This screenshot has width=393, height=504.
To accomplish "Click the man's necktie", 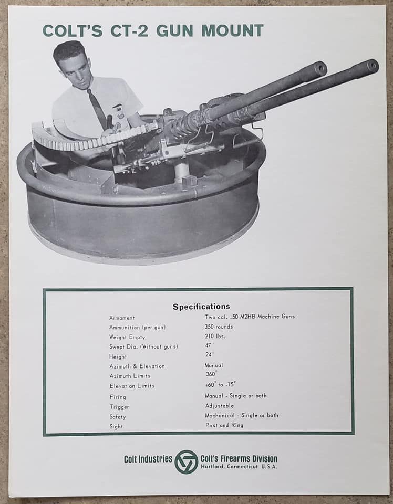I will (98, 108).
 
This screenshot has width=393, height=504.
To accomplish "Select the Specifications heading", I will (201, 307).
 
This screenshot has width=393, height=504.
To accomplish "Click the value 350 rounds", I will (219, 327).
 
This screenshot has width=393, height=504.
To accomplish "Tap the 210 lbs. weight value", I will (215, 336).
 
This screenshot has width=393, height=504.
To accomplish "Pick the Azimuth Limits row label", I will (130, 376).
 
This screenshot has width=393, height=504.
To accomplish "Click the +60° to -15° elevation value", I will (221, 384).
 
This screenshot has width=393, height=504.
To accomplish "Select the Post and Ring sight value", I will (224, 425).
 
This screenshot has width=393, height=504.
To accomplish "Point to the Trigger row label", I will (119, 407).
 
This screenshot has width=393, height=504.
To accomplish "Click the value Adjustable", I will (220, 406).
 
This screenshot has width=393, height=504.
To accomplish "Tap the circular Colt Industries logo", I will (186, 461).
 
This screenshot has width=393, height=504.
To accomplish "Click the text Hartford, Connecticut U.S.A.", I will (239, 467).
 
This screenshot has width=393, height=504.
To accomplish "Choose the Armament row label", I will (122, 318).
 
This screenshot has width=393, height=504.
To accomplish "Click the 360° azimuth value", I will (211, 374).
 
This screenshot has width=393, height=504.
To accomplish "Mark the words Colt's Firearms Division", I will (239, 458).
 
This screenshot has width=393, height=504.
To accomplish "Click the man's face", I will (74, 68).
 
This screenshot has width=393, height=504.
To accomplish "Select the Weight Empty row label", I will (127, 337).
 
